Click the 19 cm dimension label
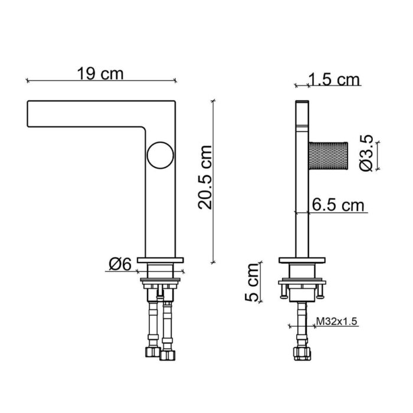point(100,74)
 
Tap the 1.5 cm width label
point(334,80)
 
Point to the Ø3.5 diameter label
point(366,153)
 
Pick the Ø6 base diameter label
point(119,264)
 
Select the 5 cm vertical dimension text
point(253,283)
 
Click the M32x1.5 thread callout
point(337,322)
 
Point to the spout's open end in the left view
point(29,113)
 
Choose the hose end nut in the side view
point(301,353)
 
